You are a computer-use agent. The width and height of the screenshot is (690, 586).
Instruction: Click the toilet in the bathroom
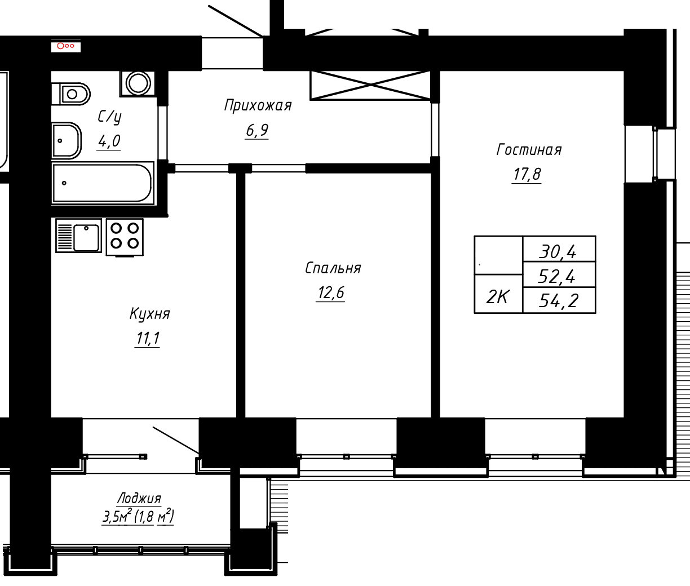pyautogui.click(x=71, y=94)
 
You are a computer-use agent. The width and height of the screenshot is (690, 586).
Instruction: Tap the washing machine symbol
pyautogui.click(x=138, y=83)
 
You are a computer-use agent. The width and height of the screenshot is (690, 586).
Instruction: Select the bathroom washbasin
pyautogui.click(x=67, y=140)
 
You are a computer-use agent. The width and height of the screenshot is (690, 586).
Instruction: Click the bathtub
pyautogui.click(x=103, y=183)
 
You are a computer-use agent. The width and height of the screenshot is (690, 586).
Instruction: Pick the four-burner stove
pyautogui.click(x=125, y=237)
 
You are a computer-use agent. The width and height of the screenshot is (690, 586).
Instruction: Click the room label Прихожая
pyautogui.click(x=258, y=106)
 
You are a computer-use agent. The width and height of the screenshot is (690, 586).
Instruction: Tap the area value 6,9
pyautogui.click(x=257, y=130)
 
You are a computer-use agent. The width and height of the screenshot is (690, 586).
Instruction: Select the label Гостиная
pyautogui.click(x=529, y=150)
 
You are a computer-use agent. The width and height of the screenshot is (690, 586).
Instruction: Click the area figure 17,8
pyautogui.click(x=527, y=174)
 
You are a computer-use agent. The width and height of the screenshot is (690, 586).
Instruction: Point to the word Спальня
pyautogui.click(x=333, y=268)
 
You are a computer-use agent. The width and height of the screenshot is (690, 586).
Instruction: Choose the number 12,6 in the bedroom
pyautogui.click(x=331, y=292)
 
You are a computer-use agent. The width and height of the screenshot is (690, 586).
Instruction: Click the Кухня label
pyautogui.click(x=149, y=314)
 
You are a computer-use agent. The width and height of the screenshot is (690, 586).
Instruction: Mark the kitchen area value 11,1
pyautogui.click(x=148, y=339)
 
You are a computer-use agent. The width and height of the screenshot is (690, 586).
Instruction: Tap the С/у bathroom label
pyautogui.click(x=109, y=117)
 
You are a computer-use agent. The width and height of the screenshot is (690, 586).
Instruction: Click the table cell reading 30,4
pyautogui.click(x=559, y=248)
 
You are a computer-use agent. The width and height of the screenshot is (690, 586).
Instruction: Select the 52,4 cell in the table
pyautogui.click(x=559, y=274)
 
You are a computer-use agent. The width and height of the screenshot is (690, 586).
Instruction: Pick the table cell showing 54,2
pyautogui.click(x=559, y=300)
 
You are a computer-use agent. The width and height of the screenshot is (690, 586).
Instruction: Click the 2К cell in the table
pyautogui.click(x=498, y=294)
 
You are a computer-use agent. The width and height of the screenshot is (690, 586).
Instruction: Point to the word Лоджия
pyautogui.click(x=139, y=498)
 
